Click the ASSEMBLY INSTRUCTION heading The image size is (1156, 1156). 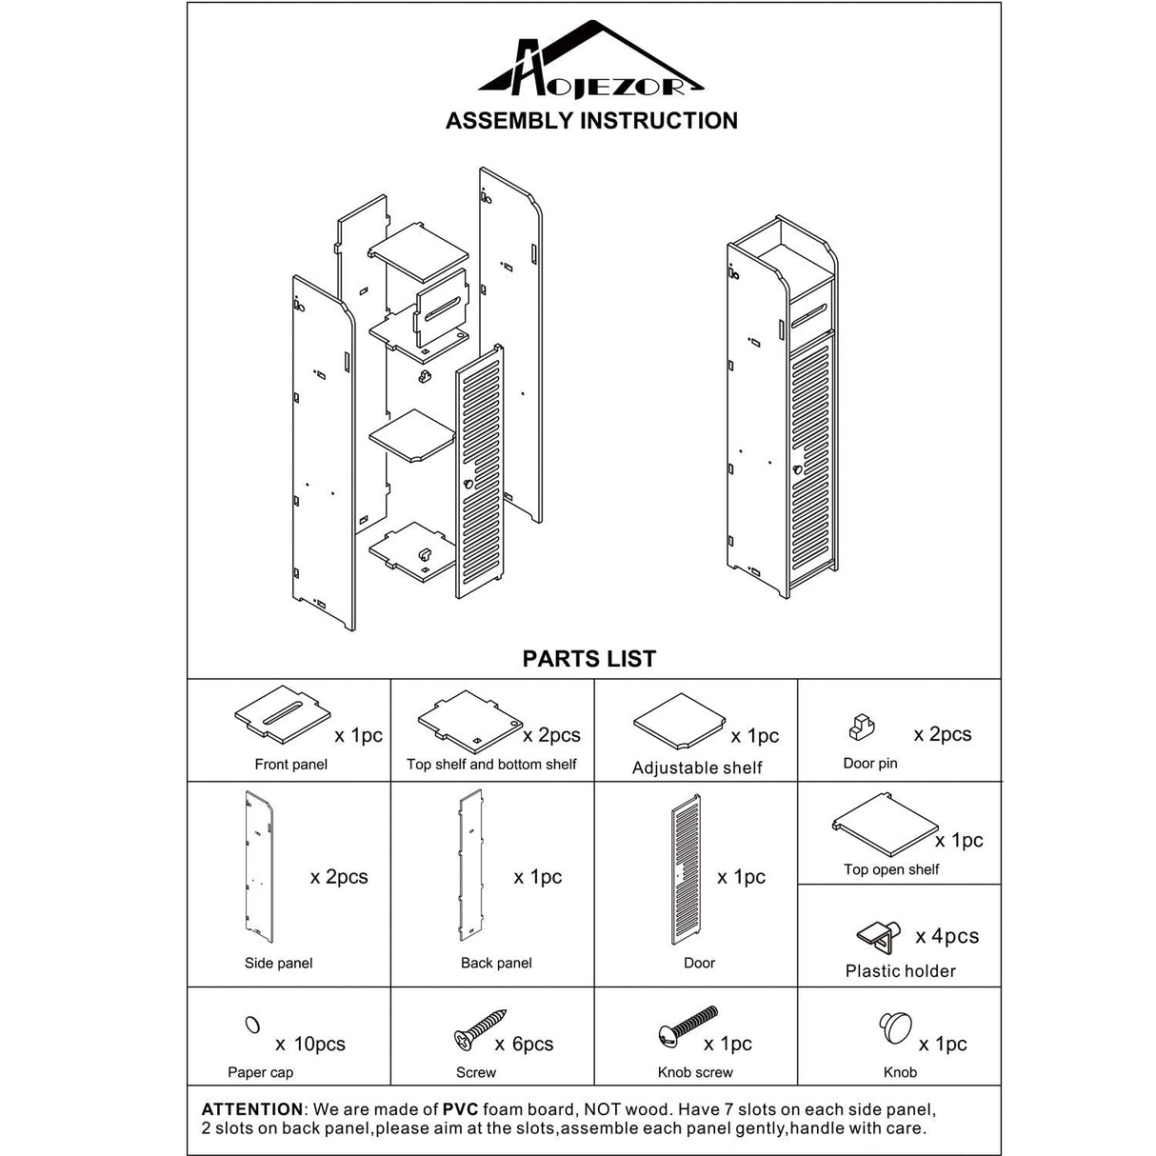click(x=591, y=121)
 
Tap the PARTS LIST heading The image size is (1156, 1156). click(x=588, y=659)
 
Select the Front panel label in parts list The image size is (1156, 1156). click(x=290, y=764)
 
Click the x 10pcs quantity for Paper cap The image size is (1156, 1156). click(x=310, y=1044)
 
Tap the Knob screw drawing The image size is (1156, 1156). click(x=688, y=1026)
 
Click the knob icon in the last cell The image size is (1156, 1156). click(x=895, y=1027)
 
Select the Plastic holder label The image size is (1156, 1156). click(x=900, y=971)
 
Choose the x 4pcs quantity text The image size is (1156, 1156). click(x=947, y=937)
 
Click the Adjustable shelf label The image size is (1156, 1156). click(x=697, y=767)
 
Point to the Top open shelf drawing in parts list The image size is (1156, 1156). click(x=885, y=825)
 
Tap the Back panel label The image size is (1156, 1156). click(x=496, y=963)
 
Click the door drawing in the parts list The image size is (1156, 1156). click(x=686, y=872)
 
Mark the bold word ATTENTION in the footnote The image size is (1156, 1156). click(x=252, y=1109)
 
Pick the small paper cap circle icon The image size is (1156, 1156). click(x=252, y=1025)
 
